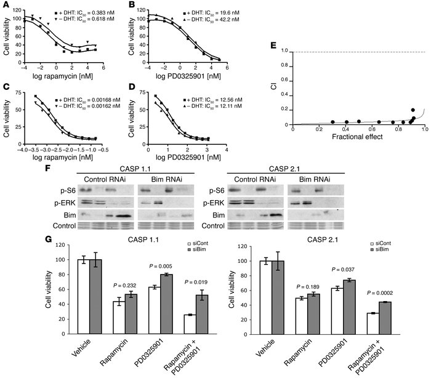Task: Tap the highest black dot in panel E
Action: point(413,110)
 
